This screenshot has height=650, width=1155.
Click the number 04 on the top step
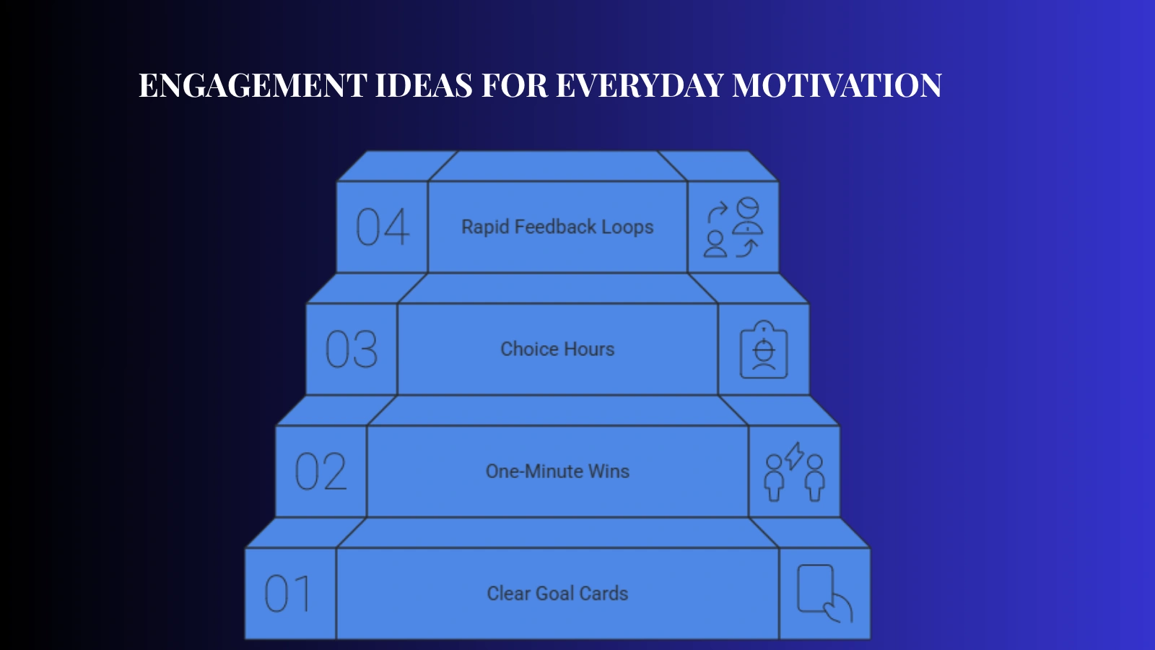383,227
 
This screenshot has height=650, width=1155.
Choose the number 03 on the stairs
352,350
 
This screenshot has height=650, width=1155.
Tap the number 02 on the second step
321,472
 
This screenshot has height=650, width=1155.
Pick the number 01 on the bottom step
288,594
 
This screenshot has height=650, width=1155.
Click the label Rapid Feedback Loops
557,227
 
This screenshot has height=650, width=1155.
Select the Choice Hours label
557,349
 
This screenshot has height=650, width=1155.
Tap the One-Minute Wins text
557,471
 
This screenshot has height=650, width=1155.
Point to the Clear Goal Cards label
557,593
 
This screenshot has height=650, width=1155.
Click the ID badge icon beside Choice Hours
764,350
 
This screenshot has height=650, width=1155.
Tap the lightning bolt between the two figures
794,456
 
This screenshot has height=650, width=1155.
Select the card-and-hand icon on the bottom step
824,593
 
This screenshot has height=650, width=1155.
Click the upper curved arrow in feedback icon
718,212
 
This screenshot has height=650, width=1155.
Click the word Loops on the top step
627,227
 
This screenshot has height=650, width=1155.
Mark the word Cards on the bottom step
603,593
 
